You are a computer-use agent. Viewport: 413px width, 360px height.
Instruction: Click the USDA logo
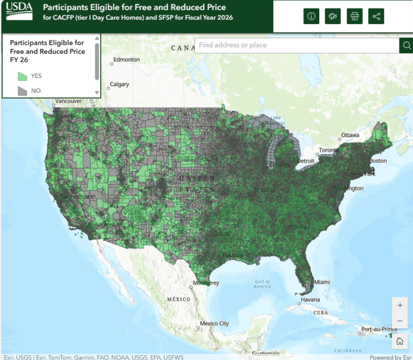[x=20, y=10]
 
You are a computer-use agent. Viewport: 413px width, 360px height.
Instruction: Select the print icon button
[x=354, y=16]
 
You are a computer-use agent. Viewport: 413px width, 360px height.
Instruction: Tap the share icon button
[x=376, y=16]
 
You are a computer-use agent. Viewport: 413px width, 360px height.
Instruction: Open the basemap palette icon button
[x=333, y=16]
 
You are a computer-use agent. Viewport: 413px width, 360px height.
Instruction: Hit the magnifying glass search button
[x=406, y=45]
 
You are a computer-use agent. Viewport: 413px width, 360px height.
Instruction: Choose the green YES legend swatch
[x=23, y=76]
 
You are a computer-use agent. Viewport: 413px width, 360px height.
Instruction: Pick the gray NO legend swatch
[x=23, y=91]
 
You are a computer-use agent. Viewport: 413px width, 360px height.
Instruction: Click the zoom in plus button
[x=400, y=305]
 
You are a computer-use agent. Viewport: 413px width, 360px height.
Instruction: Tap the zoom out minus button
[x=400, y=321]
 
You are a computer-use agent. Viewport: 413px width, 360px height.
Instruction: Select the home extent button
[x=400, y=341]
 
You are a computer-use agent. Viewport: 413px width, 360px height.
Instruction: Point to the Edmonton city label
[x=127, y=60]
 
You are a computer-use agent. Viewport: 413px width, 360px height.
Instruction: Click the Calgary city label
[x=119, y=84]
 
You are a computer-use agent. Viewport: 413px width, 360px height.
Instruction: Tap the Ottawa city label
[x=350, y=135]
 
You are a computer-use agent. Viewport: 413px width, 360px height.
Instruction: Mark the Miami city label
[x=322, y=282]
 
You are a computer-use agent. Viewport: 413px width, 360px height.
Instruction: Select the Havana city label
[x=310, y=299]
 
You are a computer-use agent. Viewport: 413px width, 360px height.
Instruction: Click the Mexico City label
[x=214, y=323]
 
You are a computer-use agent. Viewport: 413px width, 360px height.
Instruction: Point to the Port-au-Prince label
[x=379, y=329]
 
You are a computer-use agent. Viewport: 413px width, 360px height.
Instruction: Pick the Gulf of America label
[x=262, y=284]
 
